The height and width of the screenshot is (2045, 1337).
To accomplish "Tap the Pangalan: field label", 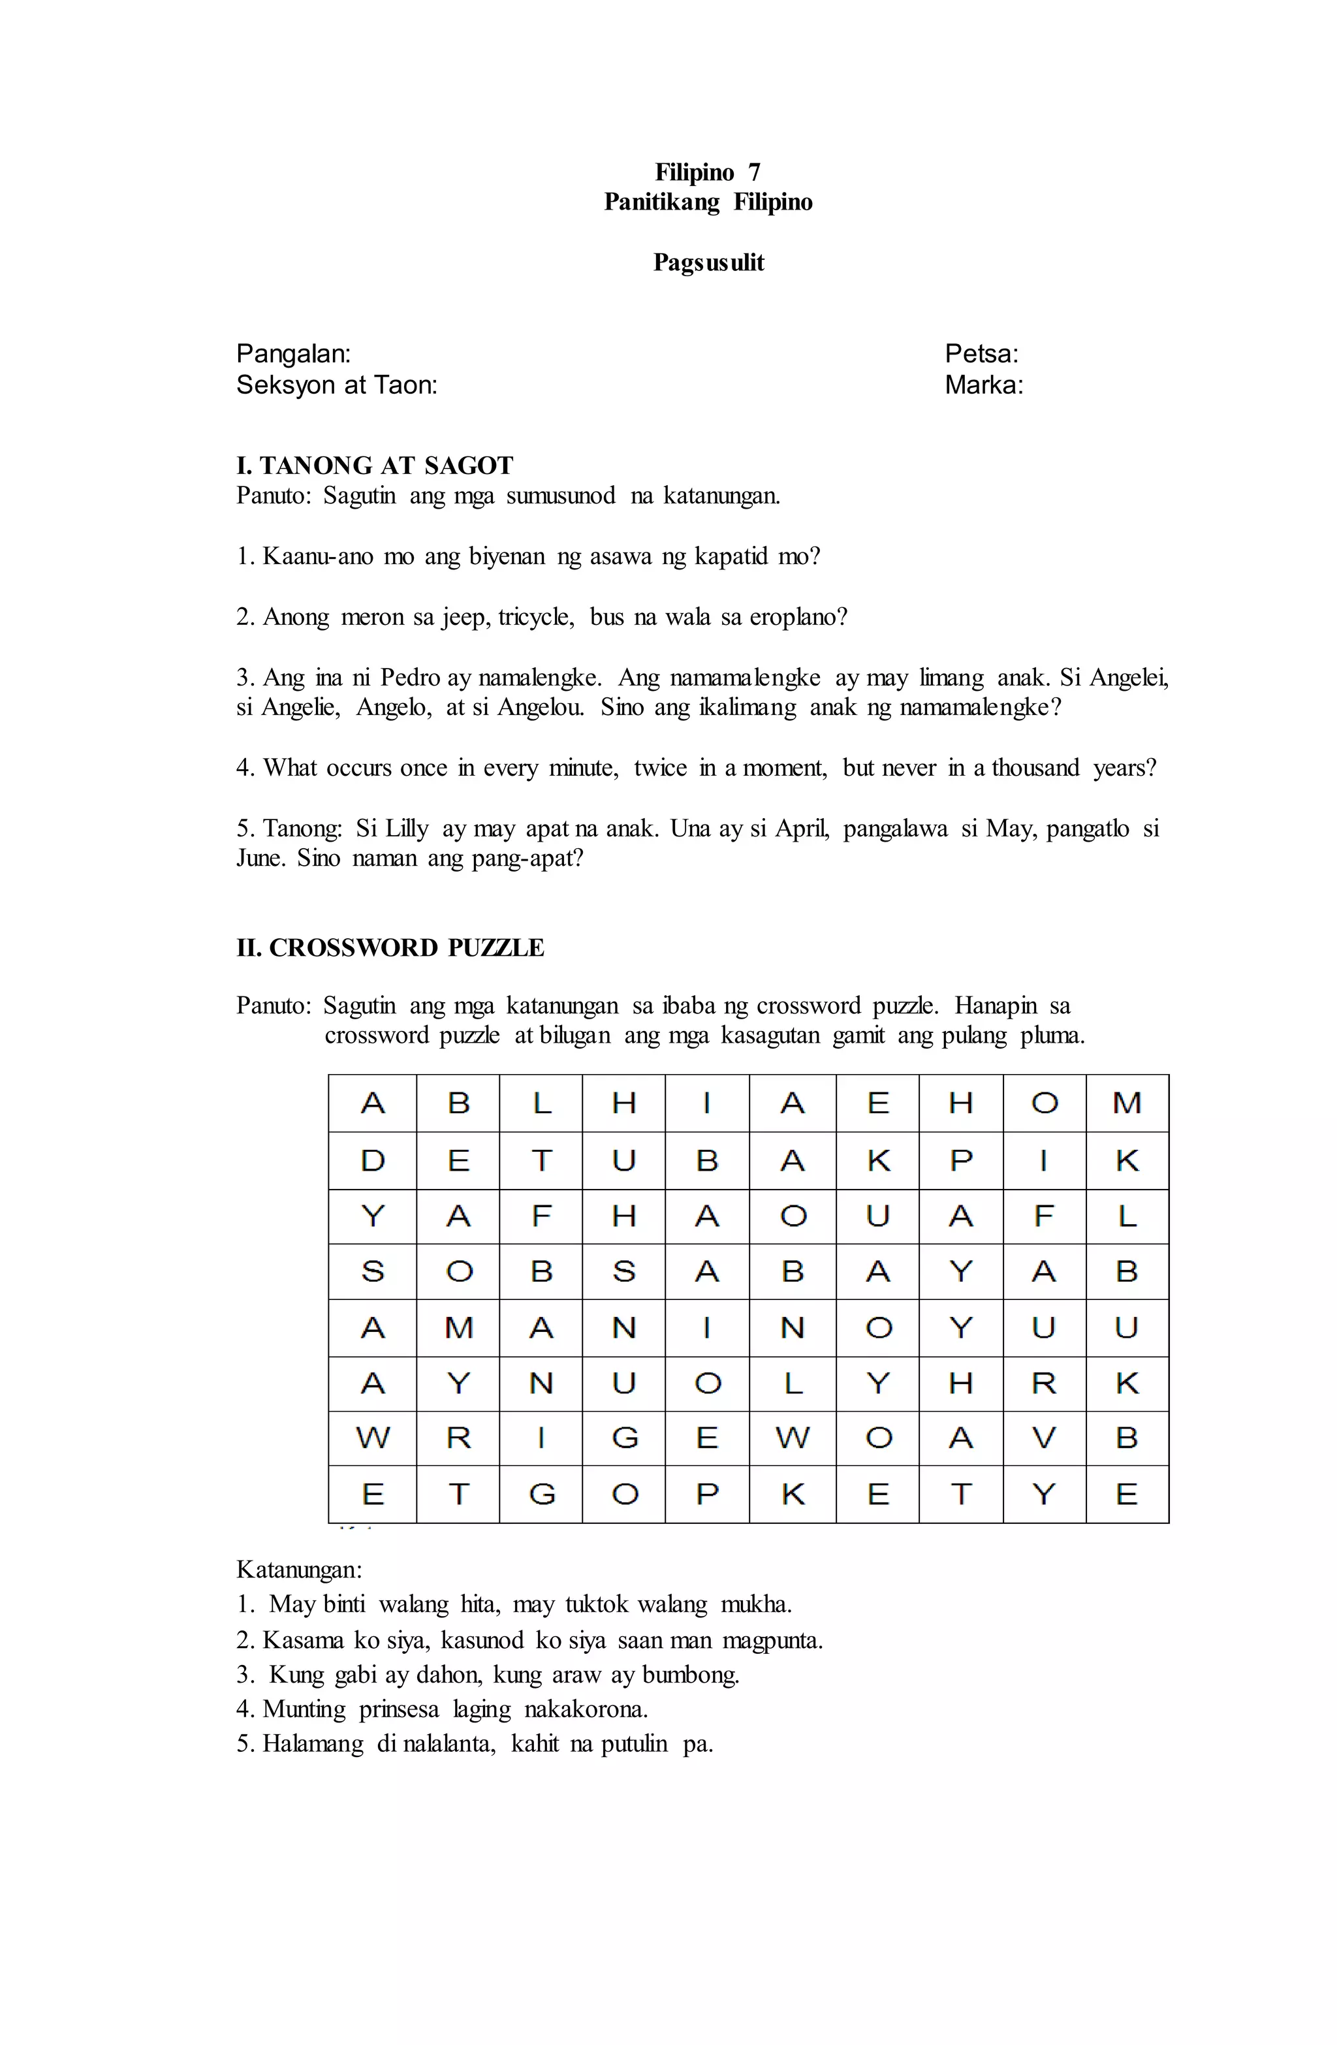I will click(293, 353).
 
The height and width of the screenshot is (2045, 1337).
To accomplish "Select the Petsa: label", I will click(981, 353).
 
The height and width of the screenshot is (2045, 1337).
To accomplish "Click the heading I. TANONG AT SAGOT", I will click(375, 466).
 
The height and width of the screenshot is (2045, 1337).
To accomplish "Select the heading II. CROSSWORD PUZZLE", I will click(390, 948).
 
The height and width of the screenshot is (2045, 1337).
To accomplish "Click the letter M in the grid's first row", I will click(1127, 1102).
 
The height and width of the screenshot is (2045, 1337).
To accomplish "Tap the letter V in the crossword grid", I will click(1043, 1438).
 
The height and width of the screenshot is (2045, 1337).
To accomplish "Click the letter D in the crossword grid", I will click(372, 1161).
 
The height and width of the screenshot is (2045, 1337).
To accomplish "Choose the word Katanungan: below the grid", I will click(299, 1570).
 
